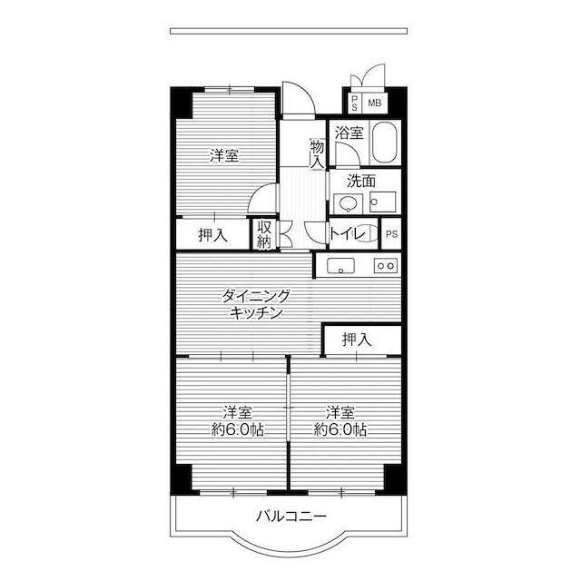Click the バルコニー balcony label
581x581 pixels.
[291, 517]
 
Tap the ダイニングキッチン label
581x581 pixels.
[256, 305]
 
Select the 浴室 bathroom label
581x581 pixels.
[349, 133]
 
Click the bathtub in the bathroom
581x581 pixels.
[385, 143]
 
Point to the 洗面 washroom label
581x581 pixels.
[361, 181]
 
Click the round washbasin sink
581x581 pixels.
[348, 203]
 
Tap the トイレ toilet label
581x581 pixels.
[347, 233]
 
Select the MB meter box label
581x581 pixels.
[375, 103]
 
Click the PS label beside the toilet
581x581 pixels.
[391, 234]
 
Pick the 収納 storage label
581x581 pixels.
[264, 234]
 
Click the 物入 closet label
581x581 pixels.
[318, 154]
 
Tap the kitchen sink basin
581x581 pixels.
[340, 266]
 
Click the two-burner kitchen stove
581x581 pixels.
[386, 265]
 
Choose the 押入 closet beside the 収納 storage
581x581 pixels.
[212, 234]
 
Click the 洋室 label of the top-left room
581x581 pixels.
[224, 155]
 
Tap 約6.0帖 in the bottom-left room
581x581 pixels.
[238, 429]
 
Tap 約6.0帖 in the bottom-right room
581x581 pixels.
[340, 429]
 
